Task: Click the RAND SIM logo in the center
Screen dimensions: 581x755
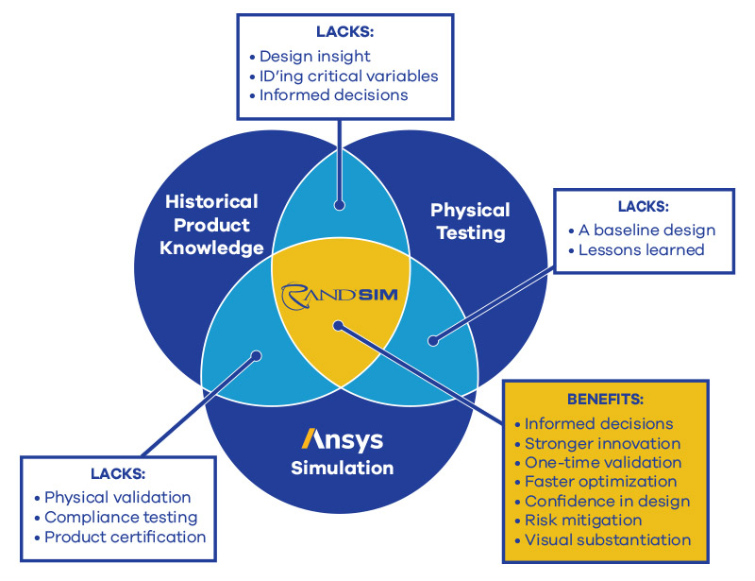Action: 341,295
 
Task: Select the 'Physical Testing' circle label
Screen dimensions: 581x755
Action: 469,221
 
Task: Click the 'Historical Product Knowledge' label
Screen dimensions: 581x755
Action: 211,225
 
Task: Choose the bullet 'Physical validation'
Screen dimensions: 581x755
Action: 118,497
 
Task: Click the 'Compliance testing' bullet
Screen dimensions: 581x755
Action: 121,517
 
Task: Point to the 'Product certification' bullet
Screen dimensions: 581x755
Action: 126,537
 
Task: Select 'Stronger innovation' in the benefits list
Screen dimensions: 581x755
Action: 602,443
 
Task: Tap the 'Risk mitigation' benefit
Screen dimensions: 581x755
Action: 583,521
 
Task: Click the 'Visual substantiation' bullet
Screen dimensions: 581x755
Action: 608,540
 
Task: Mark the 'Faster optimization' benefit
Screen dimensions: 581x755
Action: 601,482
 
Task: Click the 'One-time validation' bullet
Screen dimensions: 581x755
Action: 603,463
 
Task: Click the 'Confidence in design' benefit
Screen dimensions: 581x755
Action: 607,502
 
